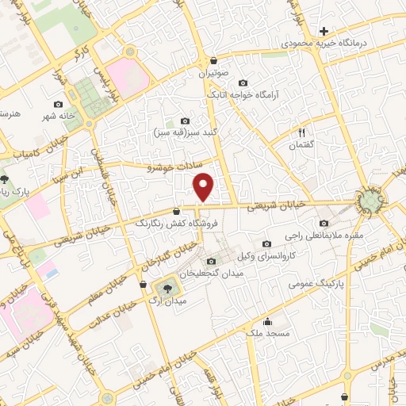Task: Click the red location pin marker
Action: [x=205, y=187]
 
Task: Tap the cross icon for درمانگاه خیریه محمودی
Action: [x=323, y=31]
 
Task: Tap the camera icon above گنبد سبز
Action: [x=186, y=121]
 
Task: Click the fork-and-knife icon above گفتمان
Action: [x=301, y=132]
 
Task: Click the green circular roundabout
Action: [x=370, y=201]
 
